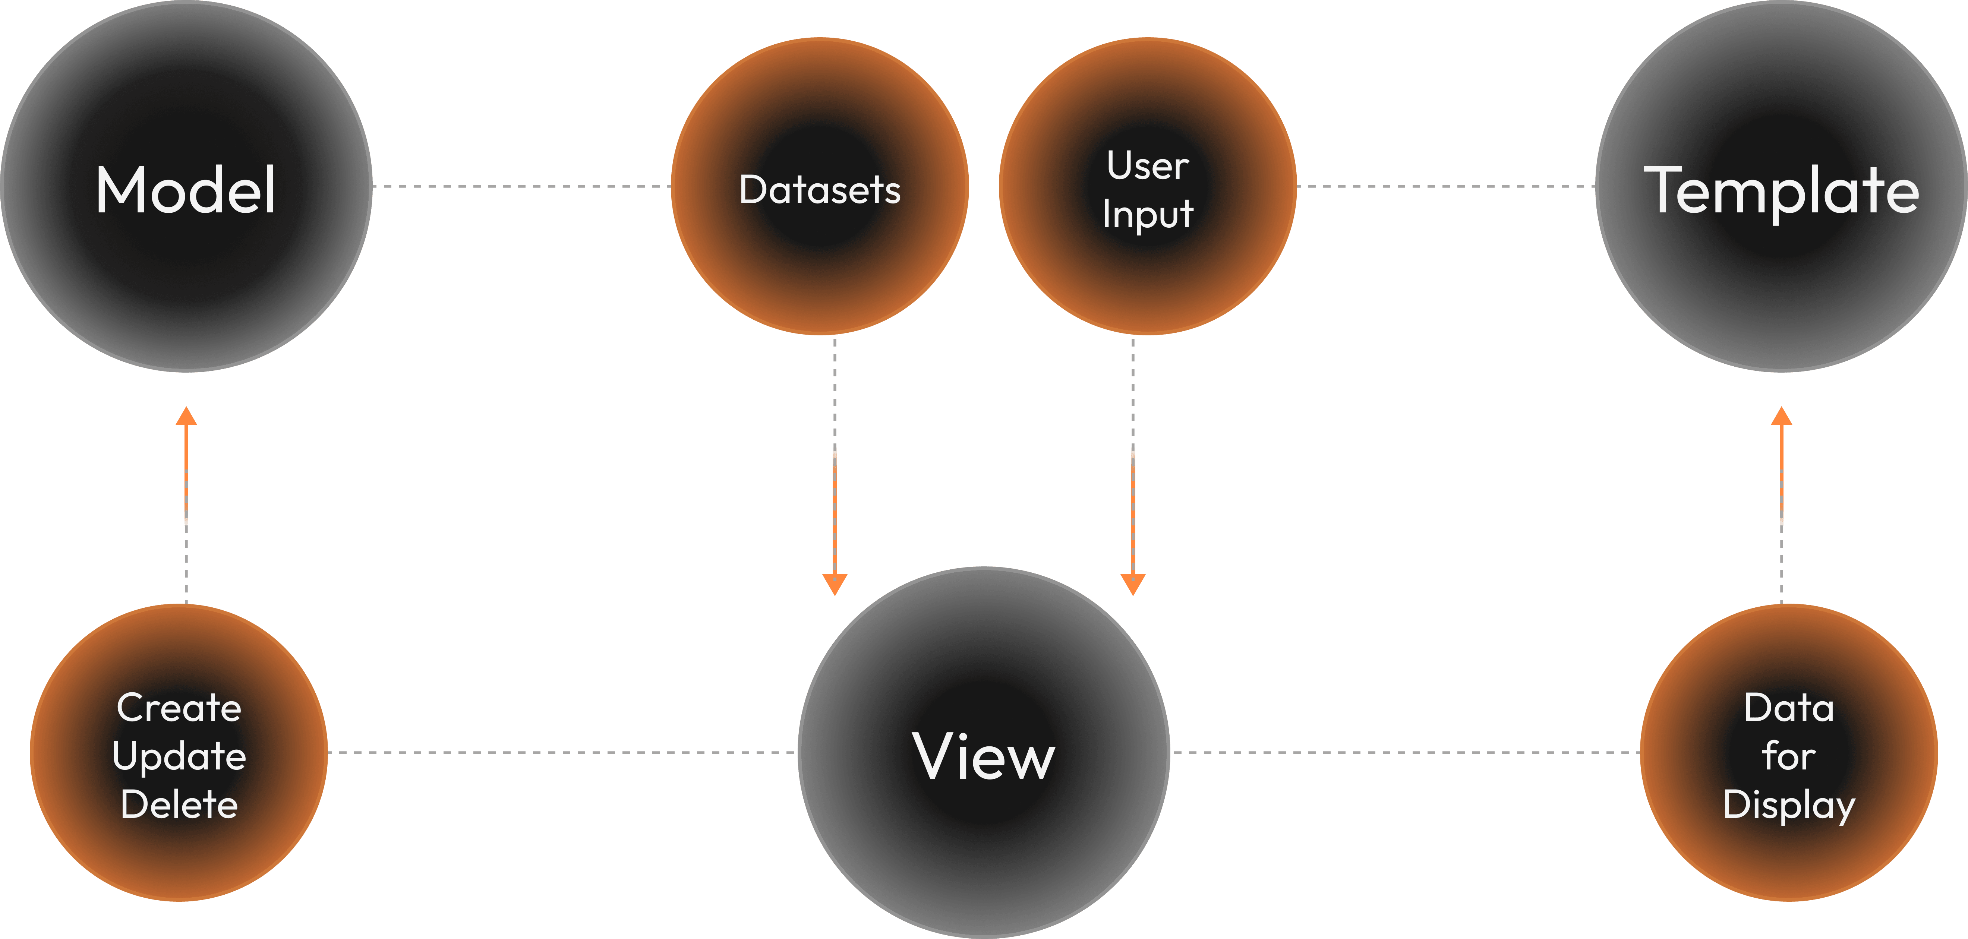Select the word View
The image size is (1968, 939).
(984, 756)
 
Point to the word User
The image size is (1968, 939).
(1148, 166)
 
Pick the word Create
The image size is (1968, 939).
(179, 708)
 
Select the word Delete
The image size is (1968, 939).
(179, 804)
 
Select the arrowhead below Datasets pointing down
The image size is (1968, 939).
(835, 585)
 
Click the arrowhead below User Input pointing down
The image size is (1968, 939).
(1133, 585)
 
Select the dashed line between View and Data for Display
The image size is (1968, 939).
(1406, 753)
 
